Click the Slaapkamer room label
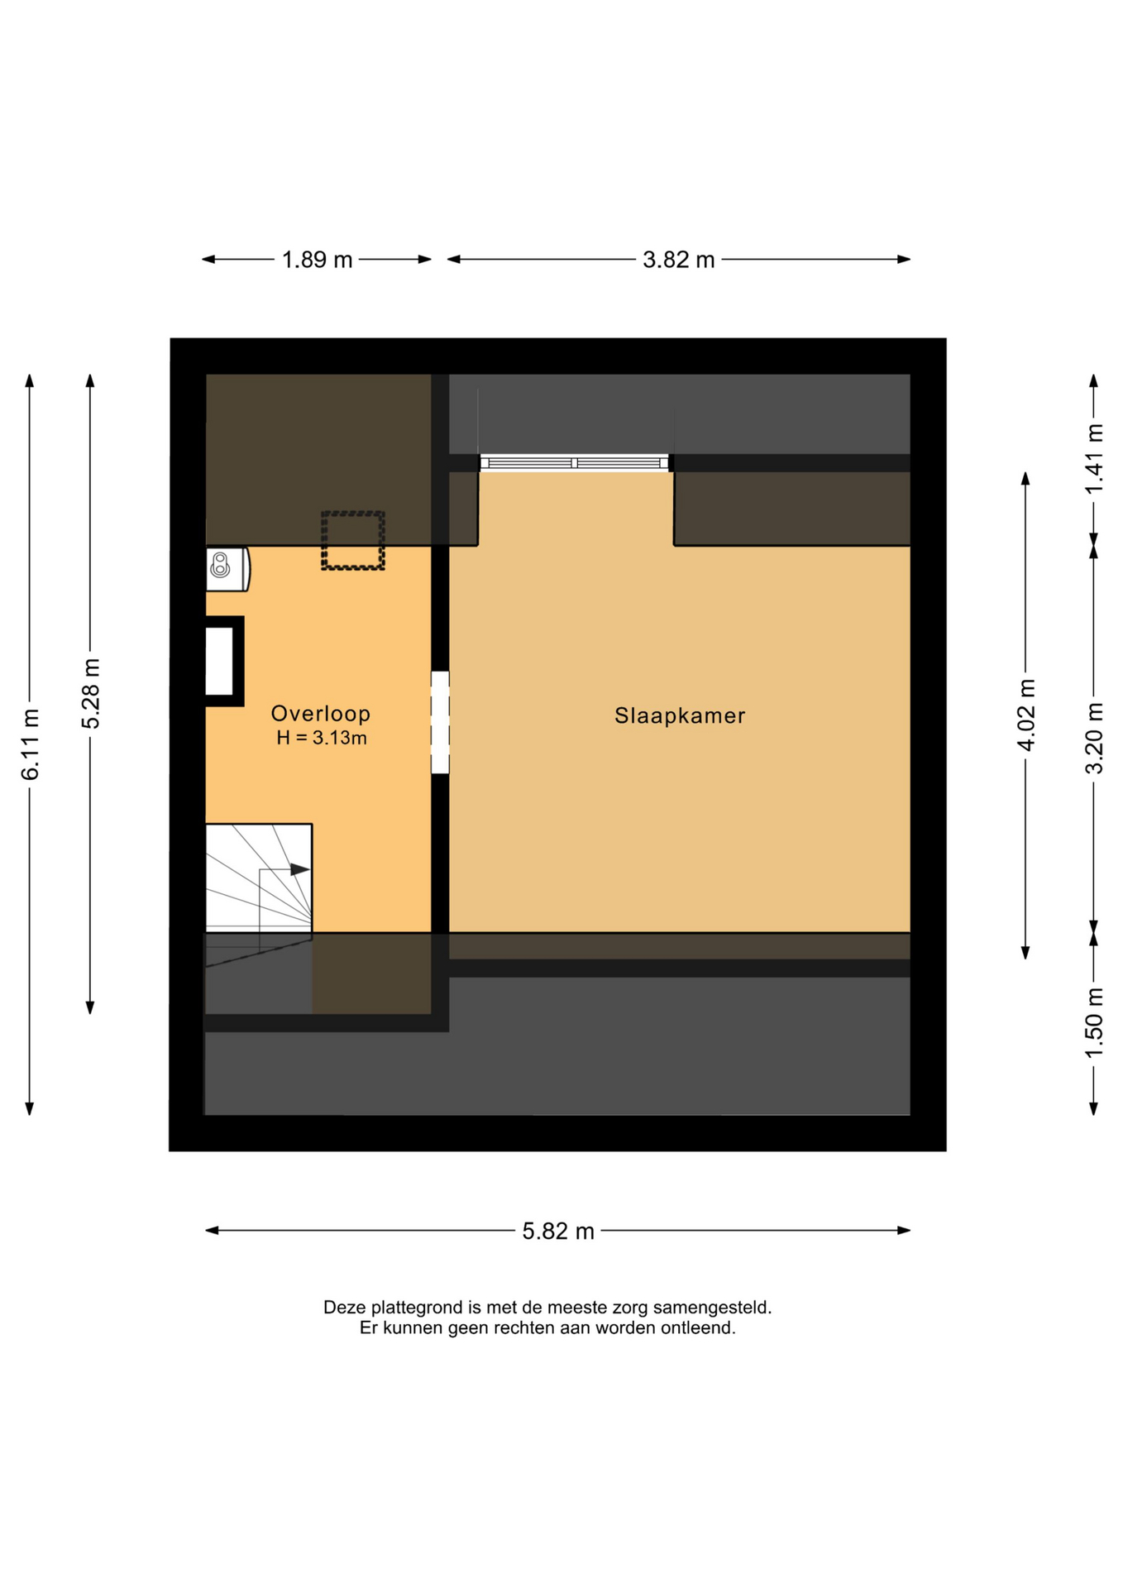679,715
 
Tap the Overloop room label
321,713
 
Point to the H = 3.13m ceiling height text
322,738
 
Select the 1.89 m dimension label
317,260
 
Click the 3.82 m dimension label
679,260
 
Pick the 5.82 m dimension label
558,1232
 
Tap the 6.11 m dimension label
31,744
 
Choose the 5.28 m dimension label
91,693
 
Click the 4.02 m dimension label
1026,715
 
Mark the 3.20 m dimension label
1094,738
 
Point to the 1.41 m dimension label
1094,459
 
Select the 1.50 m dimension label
1094,1023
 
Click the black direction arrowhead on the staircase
299,869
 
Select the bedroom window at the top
575,462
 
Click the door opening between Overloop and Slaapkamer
440,723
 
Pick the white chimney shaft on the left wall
220,662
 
